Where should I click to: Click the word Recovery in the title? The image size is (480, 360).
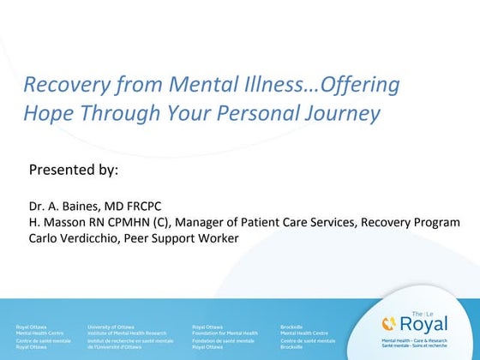[56, 86]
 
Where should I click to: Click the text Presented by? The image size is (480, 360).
[73, 169]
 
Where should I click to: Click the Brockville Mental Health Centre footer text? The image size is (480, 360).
[301, 329]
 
